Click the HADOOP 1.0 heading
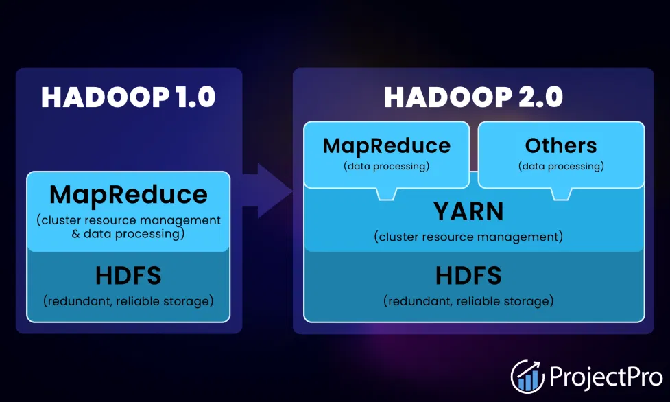click(x=128, y=97)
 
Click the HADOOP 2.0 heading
click(x=473, y=97)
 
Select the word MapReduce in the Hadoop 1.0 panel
click(x=129, y=195)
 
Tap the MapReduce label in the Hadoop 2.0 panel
click(x=387, y=146)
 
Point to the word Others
click(x=561, y=146)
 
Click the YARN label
click(x=469, y=211)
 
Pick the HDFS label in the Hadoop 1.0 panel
click(x=128, y=275)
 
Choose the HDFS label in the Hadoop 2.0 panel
click(x=468, y=275)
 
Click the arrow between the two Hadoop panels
click(x=267, y=190)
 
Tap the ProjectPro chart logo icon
click(x=527, y=377)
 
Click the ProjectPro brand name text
click(x=606, y=377)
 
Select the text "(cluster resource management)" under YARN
click(x=468, y=237)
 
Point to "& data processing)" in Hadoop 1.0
click(x=128, y=234)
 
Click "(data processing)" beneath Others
click(x=561, y=167)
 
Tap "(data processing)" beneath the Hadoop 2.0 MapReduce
click(x=387, y=167)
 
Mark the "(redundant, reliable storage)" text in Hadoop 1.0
click(x=128, y=301)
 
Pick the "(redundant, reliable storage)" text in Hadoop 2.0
click(x=468, y=301)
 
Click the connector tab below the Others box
click(x=561, y=193)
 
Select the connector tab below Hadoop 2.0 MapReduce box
click(x=387, y=193)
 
